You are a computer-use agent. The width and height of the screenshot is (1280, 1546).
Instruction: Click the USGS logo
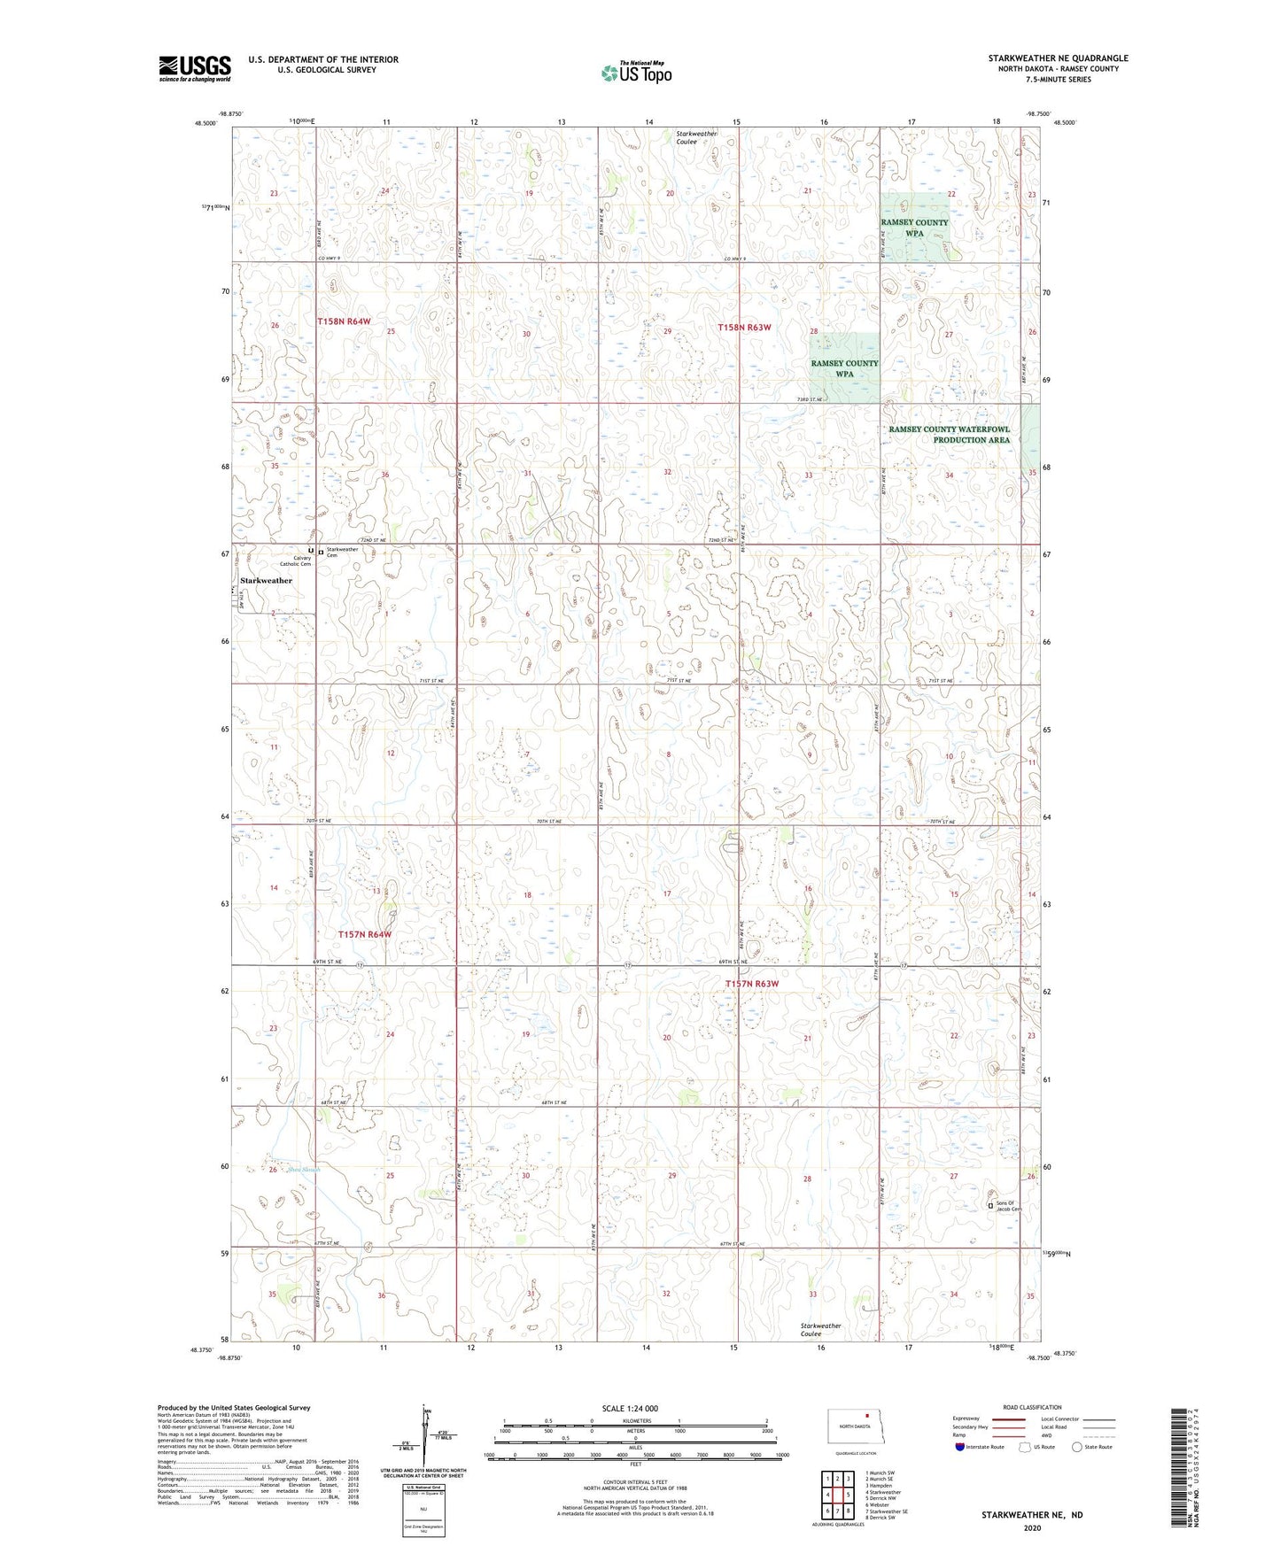(195, 68)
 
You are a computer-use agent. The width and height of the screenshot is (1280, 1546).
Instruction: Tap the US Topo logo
(635, 72)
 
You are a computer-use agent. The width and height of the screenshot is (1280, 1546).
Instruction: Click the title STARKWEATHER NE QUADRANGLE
(1058, 58)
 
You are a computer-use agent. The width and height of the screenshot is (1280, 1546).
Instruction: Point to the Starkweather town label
(266, 581)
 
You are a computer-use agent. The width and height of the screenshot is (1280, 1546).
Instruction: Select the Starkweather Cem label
(342, 551)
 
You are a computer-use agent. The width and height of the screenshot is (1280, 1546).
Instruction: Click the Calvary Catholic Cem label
(296, 560)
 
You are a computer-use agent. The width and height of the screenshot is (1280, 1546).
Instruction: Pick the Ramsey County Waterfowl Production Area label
(950, 435)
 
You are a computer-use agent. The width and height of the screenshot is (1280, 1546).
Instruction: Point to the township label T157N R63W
(752, 984)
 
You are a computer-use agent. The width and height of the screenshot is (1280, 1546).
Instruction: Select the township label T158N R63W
(744, 327)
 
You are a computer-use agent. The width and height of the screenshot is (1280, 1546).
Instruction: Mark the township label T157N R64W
(364, 934)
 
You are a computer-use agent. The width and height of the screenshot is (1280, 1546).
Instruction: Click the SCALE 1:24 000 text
(630, 1408)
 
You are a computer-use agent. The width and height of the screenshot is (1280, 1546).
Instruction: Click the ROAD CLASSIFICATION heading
(1032, 1407)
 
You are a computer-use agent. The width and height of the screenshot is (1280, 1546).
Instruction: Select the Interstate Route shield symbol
(959, 1448)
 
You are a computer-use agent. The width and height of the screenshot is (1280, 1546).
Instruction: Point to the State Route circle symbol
(1077, 1448)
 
